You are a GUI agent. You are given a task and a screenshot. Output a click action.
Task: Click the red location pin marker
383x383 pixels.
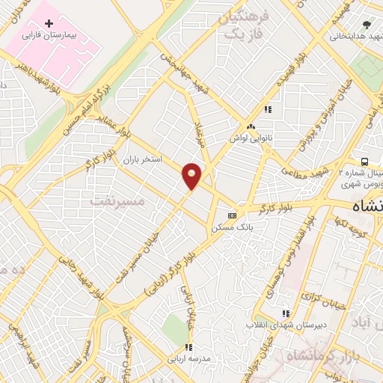pyautogui.click(x=192, y=176)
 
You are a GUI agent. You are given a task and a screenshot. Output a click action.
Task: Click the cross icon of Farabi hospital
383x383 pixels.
pyautogui.click(x=49, y=24)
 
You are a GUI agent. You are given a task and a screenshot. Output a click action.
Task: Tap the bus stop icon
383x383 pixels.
pyautogui.click(x=364, y=162)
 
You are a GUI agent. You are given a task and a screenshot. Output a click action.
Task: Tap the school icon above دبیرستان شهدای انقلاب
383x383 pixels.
pyautogui.click(x=284, y=313)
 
